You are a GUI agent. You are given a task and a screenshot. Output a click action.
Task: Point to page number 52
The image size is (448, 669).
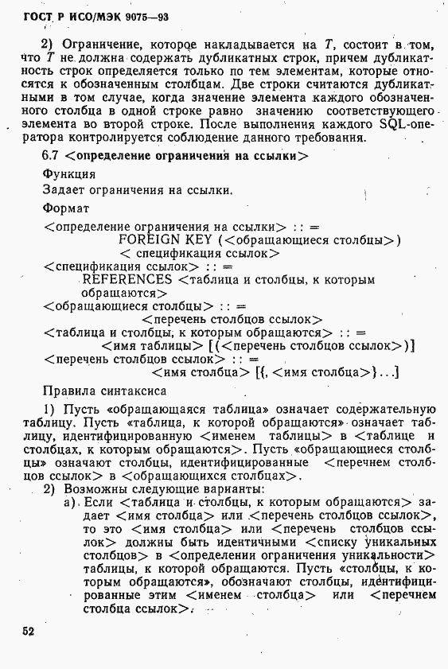click(29, 632)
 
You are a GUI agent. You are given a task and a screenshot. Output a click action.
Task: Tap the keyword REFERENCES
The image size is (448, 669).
click(127, 280)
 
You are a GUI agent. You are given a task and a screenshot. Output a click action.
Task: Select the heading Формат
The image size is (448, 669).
click(65, 208)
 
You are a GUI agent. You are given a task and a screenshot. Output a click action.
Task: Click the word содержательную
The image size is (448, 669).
click(383, 409)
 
